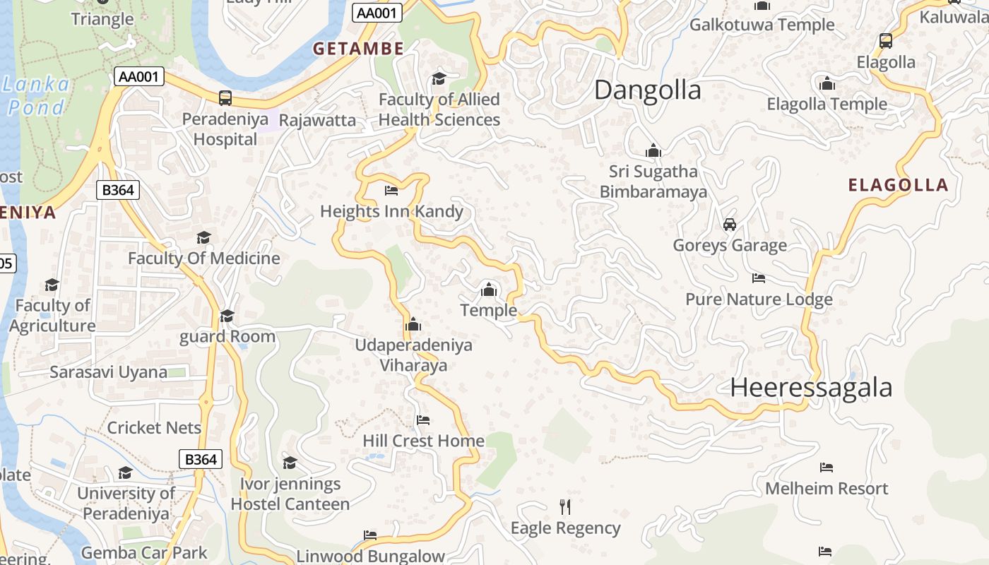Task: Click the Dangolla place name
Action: [648, 90]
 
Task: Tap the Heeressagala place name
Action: [811, 388]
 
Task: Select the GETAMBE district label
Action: [358, 49]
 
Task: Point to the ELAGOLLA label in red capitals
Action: [898, 186]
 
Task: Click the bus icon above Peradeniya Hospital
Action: [225, 97]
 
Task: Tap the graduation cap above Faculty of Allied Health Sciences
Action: [439, 78]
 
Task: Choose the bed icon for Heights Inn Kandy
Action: [391, 191]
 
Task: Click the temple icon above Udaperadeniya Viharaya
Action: [413, 325]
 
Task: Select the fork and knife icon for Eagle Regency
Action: [564, 506]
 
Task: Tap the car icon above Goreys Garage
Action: [730, 225]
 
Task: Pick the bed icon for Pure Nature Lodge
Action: [759, 278]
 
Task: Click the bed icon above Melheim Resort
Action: [827, 468]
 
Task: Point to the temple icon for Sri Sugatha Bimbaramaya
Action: [653, 150]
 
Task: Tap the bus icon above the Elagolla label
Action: [886, 41]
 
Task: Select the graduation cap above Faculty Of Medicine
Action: [204, 237]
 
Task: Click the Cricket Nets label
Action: [154, 428]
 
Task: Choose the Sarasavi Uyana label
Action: [108, 372]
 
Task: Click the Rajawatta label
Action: [317, 120]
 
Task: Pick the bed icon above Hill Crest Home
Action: [423, 420]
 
